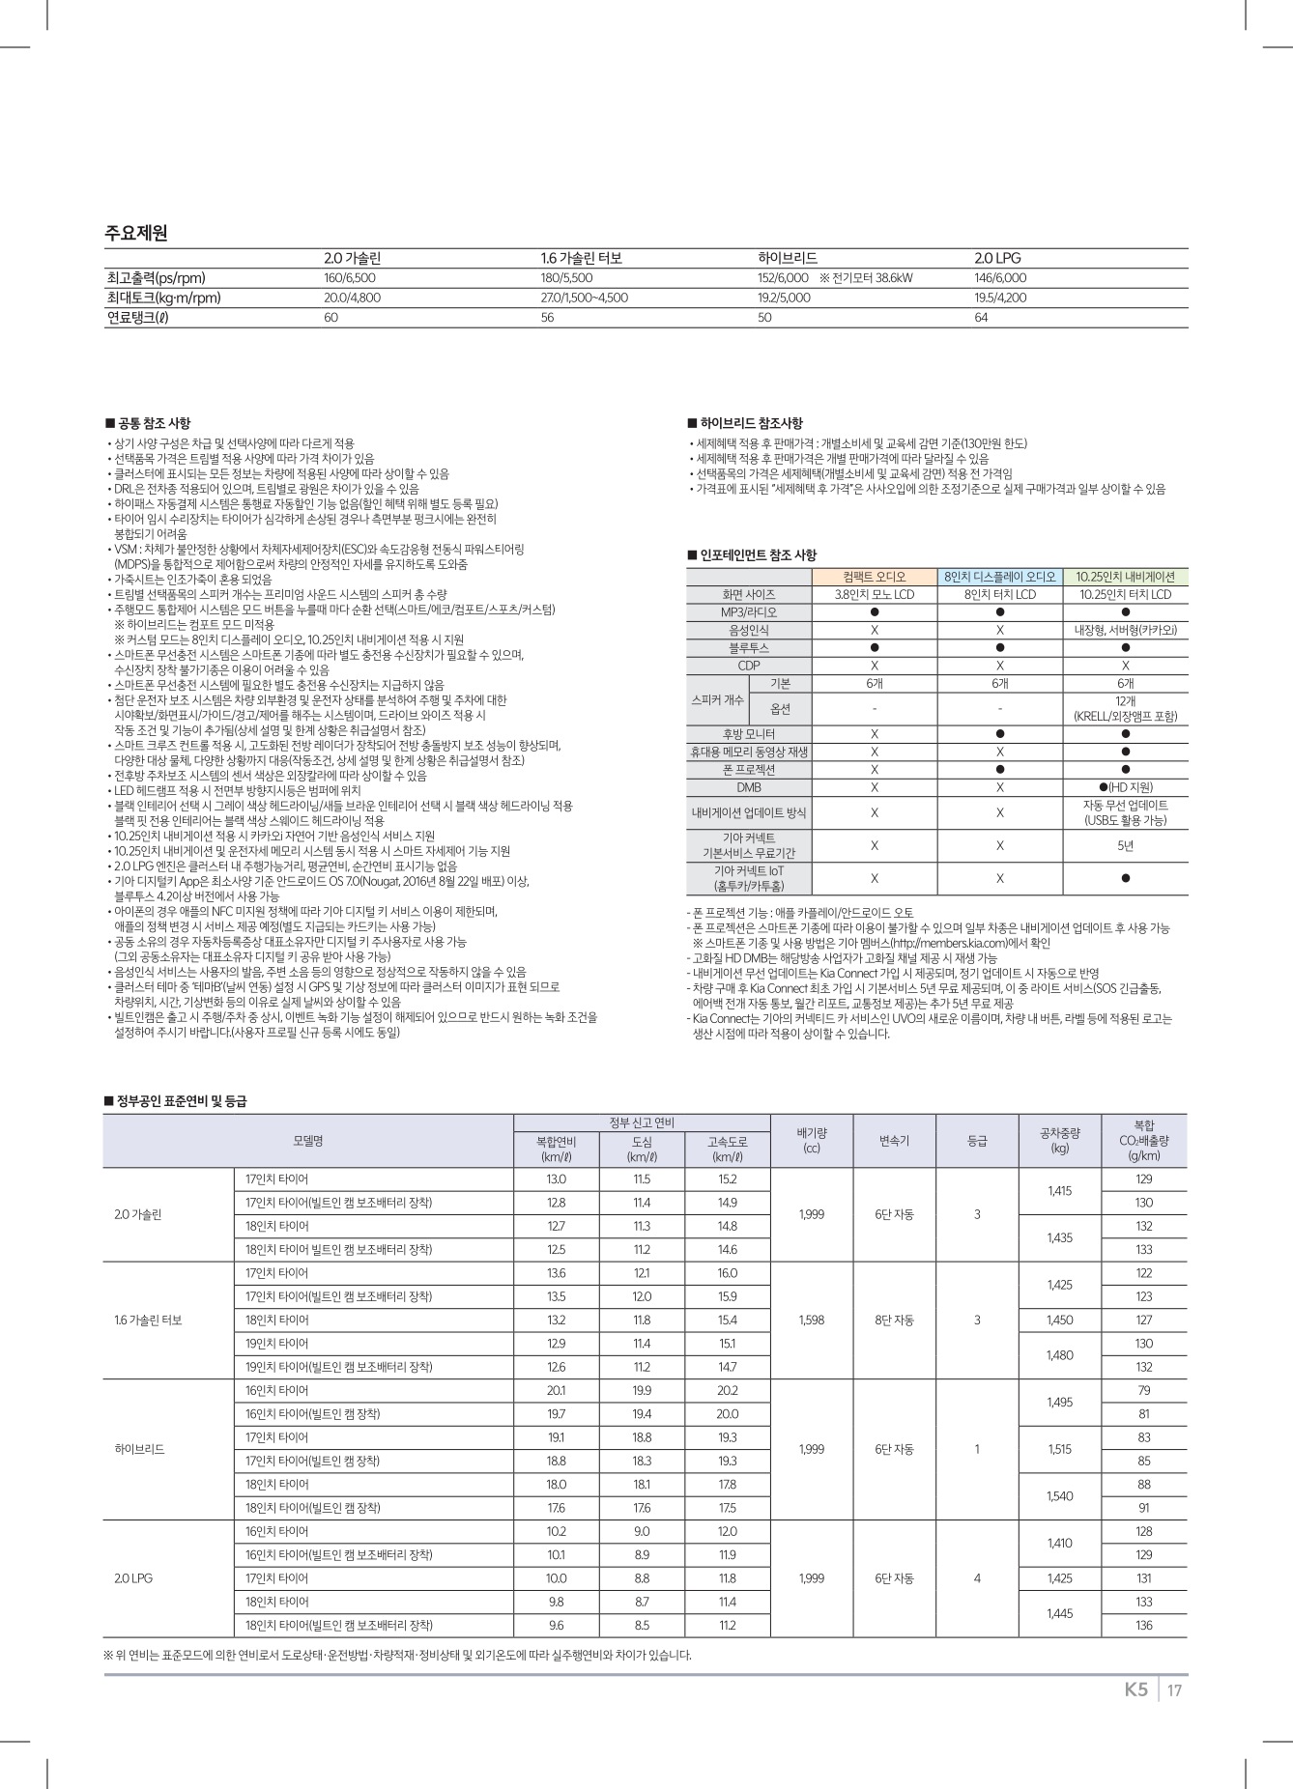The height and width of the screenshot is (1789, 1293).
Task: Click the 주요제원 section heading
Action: pos(136,233)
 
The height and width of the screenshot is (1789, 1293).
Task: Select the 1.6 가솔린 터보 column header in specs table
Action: pos(581,258)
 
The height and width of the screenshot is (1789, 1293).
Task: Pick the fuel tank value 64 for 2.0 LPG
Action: pos(981,318)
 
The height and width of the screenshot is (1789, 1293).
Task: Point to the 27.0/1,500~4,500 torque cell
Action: pos(584,298)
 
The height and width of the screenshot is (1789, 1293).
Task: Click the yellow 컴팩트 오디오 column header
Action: pos(874,577)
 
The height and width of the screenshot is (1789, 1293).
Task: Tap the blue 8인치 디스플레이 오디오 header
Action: pos(999,577)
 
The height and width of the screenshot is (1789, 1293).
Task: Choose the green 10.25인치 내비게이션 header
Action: pos(1125,577)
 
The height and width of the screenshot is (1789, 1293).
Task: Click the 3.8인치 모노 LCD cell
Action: pos(874,594)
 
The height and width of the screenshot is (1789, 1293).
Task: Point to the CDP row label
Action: pos(748,666)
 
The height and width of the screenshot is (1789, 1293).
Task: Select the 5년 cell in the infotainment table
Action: pos(1125,845)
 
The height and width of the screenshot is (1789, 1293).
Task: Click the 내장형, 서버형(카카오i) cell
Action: pos(1125,630)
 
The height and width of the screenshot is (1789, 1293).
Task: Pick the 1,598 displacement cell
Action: pos(812,1320)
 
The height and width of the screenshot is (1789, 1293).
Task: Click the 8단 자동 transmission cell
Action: pos(894,1320)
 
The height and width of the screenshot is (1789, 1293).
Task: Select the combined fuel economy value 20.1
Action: pos(556,1390)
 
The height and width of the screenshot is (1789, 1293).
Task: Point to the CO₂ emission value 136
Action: pos(1144,1625)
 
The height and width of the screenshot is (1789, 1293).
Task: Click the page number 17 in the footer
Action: pos(1174,1690)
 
